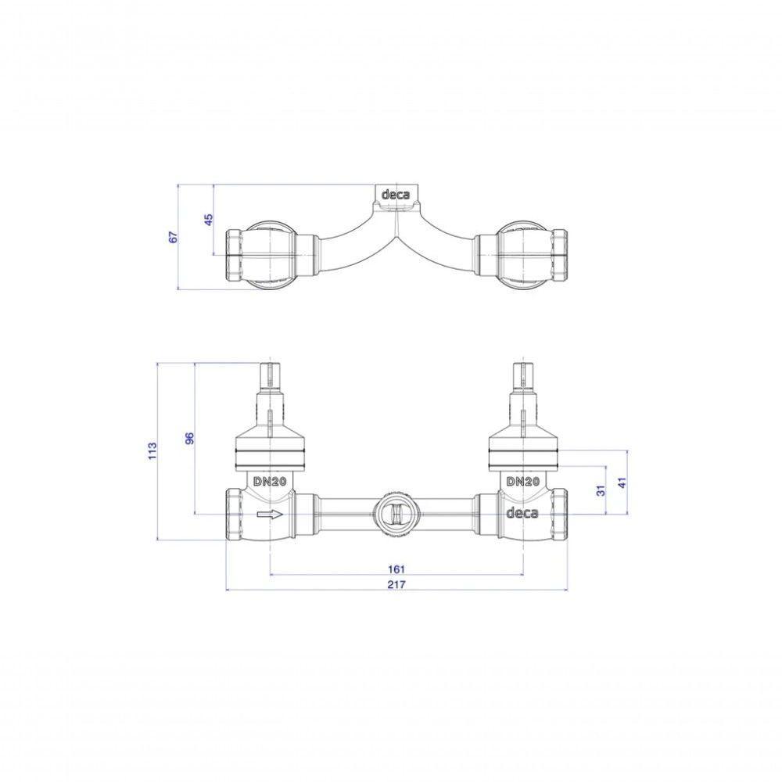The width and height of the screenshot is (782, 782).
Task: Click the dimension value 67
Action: [x=174, y=237]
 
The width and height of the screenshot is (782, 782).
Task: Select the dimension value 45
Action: [x=209, y=220]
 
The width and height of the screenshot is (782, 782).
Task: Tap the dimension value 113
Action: [x=152, y=451]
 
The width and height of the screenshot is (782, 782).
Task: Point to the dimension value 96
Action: [x=189, y=439]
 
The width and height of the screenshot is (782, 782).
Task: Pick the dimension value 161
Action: [x=396, y=569]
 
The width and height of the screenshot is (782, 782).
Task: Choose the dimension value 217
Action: [x=396, y=585]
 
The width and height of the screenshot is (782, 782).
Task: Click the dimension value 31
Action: [x=601, y=490]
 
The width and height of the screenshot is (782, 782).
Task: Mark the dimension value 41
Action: [x=622, y=482]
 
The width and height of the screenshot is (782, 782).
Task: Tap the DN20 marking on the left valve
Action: [x=269, y=482]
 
